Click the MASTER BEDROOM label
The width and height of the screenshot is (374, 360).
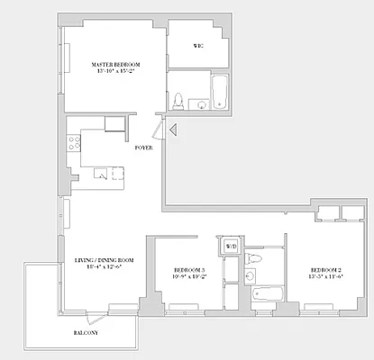point(114,65)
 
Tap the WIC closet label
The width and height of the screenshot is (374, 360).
point(197,45)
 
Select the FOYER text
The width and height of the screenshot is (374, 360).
point(142,147)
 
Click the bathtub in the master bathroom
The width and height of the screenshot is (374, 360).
point(220,93)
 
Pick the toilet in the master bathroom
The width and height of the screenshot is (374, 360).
point(178,100)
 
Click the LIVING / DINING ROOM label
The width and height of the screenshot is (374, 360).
point(104,260)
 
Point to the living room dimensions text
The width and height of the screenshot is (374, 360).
point(104,267)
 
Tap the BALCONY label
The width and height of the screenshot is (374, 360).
point(87,334)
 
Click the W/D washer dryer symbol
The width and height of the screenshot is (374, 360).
point(231,247)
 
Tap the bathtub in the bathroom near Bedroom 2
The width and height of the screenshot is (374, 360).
point(267,293)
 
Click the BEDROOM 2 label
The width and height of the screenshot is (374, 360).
point(327,271)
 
